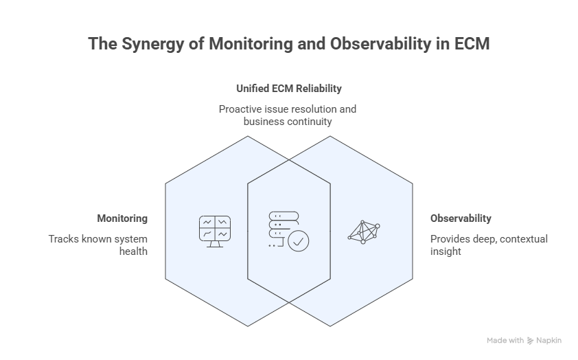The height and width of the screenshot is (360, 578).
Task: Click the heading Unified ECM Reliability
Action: [288, 89]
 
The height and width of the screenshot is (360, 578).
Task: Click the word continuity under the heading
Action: [308, 122]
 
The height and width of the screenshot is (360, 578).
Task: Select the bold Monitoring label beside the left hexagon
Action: [122, 218]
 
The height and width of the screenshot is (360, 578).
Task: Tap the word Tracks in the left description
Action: [62, 239]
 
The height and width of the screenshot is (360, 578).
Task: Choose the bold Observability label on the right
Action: [461, 218]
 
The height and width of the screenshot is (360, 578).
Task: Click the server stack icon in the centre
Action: [277, 225]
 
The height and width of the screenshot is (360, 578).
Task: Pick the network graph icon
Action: [363, 232]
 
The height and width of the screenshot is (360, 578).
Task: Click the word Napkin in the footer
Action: [549, 340]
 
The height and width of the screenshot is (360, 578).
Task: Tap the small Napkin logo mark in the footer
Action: [530, 340]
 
